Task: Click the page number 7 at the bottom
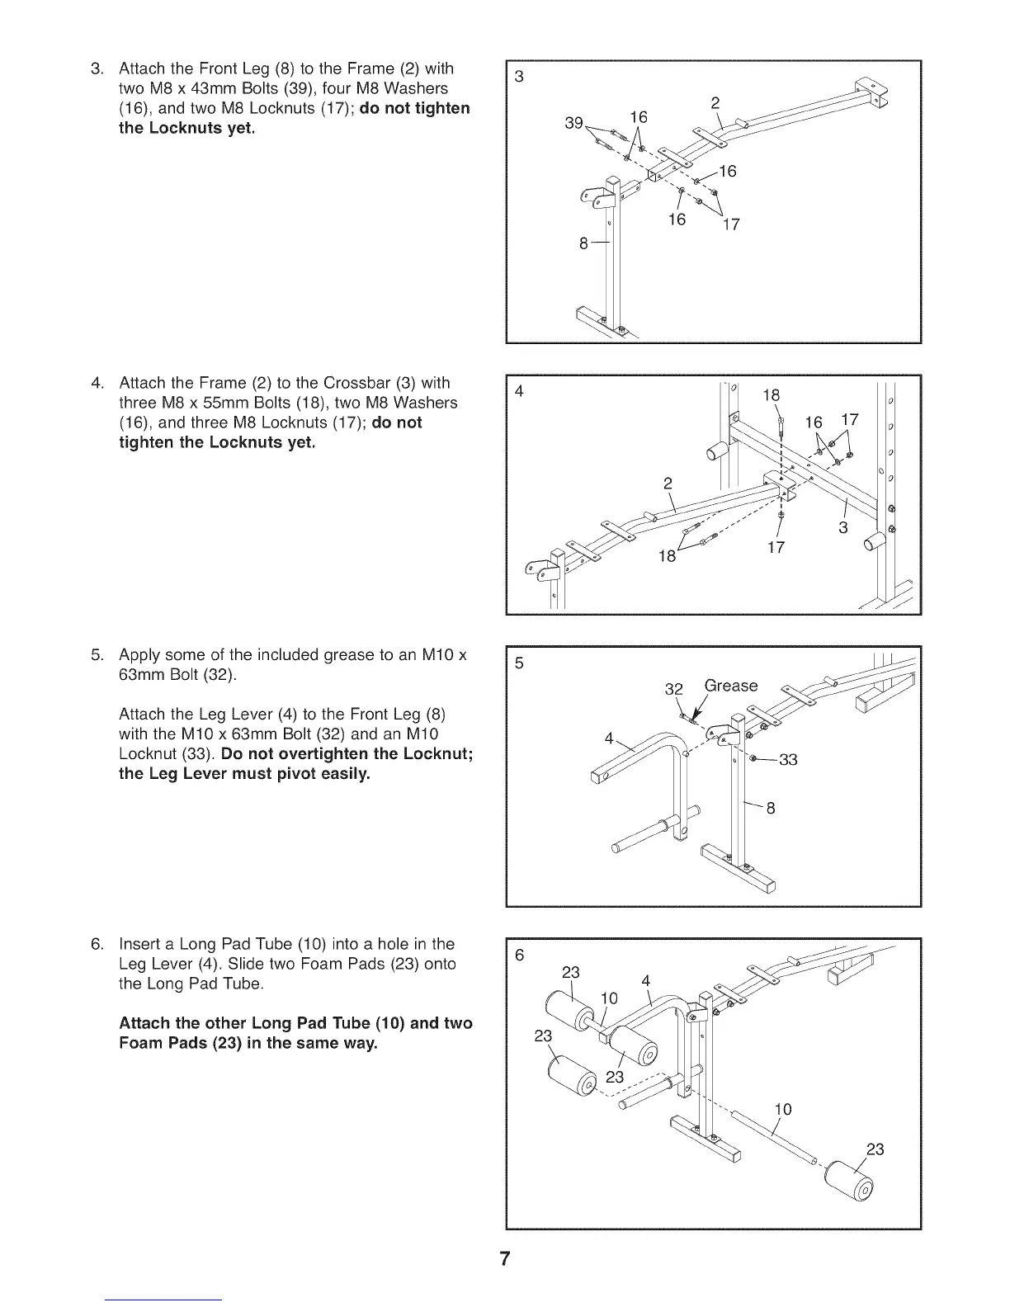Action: [505, 1259]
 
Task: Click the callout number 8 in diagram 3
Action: [583, 243]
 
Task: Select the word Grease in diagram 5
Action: [730, 686]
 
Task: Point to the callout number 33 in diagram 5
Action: [788, 760]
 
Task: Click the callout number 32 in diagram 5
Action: [674, 689]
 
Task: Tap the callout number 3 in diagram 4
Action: [843, 528]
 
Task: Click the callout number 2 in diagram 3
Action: [715, 102]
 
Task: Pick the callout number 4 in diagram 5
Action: [609, 738]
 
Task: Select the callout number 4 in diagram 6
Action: [646, 981]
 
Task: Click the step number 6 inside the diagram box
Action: [519, 955]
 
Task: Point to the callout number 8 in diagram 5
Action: [771, 809]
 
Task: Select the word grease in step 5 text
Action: [342, 655]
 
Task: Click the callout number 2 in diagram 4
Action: [668, 483]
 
